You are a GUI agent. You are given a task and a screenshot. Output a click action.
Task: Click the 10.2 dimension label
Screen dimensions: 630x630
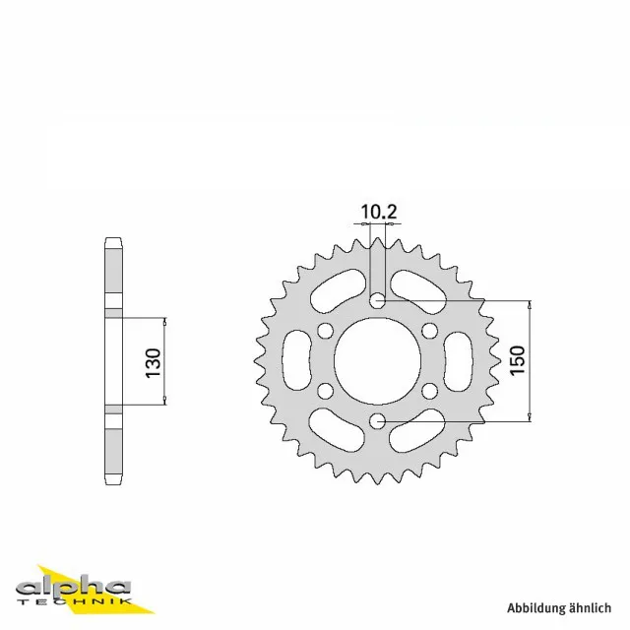tap(378, 212)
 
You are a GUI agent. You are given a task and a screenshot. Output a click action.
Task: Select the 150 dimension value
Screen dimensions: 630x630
tap(518, 360)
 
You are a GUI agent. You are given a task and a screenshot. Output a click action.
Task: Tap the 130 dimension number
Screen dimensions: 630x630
tap(154, 363)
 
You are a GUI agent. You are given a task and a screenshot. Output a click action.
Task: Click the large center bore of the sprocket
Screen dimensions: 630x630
tap(377, 360)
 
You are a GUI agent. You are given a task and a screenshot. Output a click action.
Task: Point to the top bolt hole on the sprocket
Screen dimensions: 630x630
tap(377, 300)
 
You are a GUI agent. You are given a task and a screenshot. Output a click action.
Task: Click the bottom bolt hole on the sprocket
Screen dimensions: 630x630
tap(377, 421)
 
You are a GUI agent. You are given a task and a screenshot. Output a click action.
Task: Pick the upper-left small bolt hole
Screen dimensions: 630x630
tap(325, 331)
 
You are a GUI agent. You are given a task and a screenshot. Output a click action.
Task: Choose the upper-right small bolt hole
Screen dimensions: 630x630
tap(430, 331)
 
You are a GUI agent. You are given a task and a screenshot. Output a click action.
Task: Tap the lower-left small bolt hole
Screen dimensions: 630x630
tap(325, 391)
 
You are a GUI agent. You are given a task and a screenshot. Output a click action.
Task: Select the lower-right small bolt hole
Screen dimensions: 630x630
tap(430, 391)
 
